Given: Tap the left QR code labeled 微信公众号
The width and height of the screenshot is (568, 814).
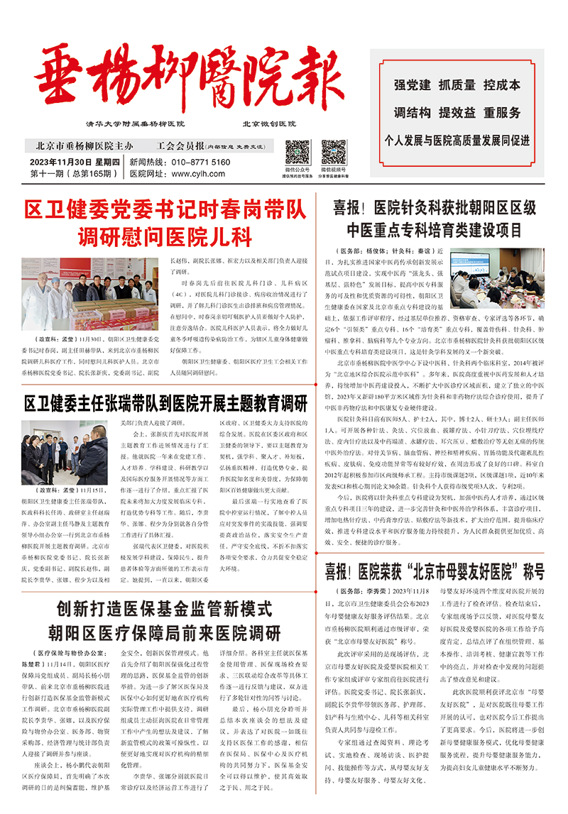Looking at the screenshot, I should (x=297, y=152).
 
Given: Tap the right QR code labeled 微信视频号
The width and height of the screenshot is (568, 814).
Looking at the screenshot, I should (x=334, y=152).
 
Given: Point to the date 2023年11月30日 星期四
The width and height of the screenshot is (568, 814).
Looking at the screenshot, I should (x=74, y=162).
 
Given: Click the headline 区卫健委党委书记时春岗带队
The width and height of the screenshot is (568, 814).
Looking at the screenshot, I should (x=165, y=210).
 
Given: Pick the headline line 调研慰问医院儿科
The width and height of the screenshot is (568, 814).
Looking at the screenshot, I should (x=165, y=236).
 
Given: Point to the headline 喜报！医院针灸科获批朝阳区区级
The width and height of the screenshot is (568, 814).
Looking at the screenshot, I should (x=435, y=207).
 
